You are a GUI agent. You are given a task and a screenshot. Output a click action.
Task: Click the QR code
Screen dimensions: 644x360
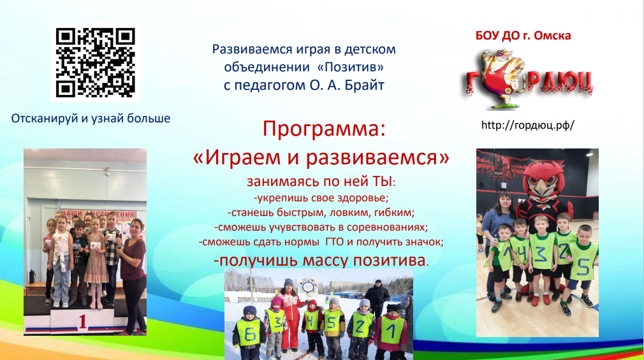click(x=95, y=63)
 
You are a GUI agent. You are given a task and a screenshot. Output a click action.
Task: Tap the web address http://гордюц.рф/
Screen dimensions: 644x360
click(x=527, y=125)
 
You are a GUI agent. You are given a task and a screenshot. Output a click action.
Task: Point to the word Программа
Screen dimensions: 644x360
click(x=324, y=129)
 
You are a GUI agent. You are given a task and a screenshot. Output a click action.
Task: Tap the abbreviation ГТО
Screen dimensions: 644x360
click(x=334, y=241)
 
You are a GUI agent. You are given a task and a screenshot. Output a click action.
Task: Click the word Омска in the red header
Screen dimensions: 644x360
click(x=552, y=35)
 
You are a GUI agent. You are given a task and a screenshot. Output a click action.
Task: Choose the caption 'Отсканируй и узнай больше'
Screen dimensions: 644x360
click(x=91, y=119)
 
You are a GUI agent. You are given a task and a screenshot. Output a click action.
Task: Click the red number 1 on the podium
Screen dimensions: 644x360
click(x=82, y=322)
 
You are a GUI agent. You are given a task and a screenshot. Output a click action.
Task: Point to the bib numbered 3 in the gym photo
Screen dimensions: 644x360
click(x=542, y=253)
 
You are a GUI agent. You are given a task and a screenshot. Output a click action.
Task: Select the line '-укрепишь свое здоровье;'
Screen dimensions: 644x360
click(x=321, y=198)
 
